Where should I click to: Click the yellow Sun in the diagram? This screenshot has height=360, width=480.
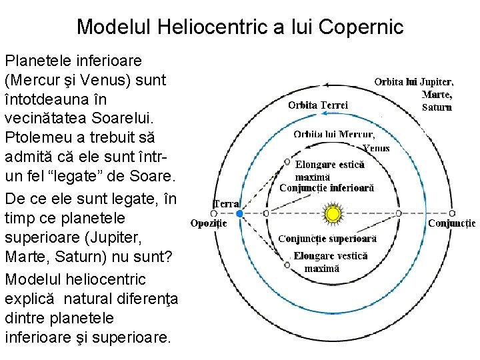coord(332,214)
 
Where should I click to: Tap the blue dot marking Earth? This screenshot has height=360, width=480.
coord(239,213)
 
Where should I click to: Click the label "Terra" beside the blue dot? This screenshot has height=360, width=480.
coord(226,203)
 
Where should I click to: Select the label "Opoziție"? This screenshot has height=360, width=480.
coord(209,223)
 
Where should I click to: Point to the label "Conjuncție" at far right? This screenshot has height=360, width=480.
coord(451,223)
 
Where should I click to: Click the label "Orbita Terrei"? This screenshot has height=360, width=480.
coord(318,105)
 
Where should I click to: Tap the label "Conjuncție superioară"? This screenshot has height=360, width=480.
coord(327,238)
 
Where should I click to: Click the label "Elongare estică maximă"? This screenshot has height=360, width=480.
coord(329,170)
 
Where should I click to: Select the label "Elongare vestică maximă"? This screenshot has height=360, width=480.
coord(330,262)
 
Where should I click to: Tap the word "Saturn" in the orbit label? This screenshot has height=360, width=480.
coord(437,106)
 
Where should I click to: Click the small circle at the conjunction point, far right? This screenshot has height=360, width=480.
coord(398,213)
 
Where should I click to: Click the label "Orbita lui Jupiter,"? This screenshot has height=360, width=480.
coord(414,82)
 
